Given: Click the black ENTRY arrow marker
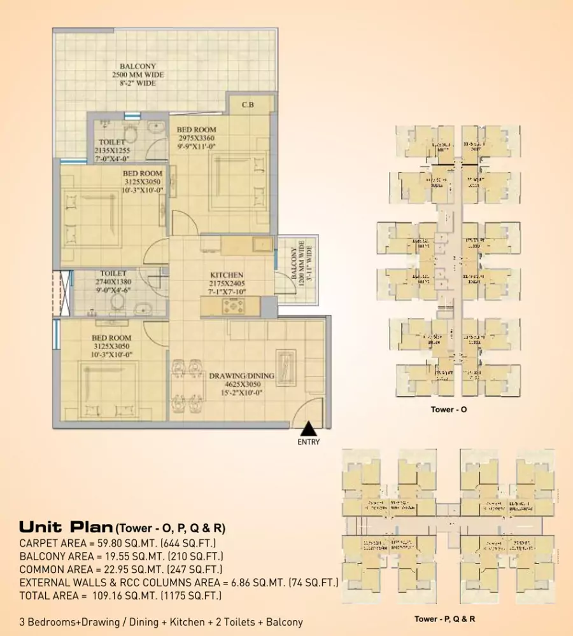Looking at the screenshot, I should pos(308,428).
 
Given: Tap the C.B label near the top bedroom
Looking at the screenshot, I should pos(248,105).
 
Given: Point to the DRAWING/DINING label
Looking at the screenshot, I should pos(242,376).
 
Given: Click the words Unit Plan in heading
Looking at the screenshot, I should pos(66,527).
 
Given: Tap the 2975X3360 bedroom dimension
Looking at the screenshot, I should pos(196,138).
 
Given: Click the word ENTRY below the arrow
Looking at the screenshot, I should pos(308,442).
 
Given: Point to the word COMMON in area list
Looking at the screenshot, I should pos(43,569).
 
